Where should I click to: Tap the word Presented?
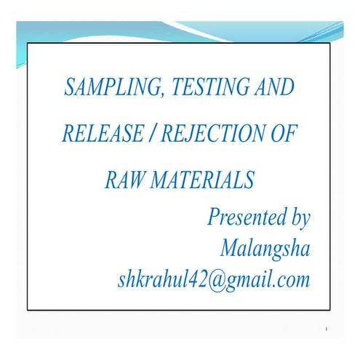click(x=245, y=217)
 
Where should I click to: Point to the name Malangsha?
click(x=265, y=249)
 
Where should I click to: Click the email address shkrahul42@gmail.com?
click(x=213, y=280)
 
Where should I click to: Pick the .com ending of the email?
click(x=291, y=280)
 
